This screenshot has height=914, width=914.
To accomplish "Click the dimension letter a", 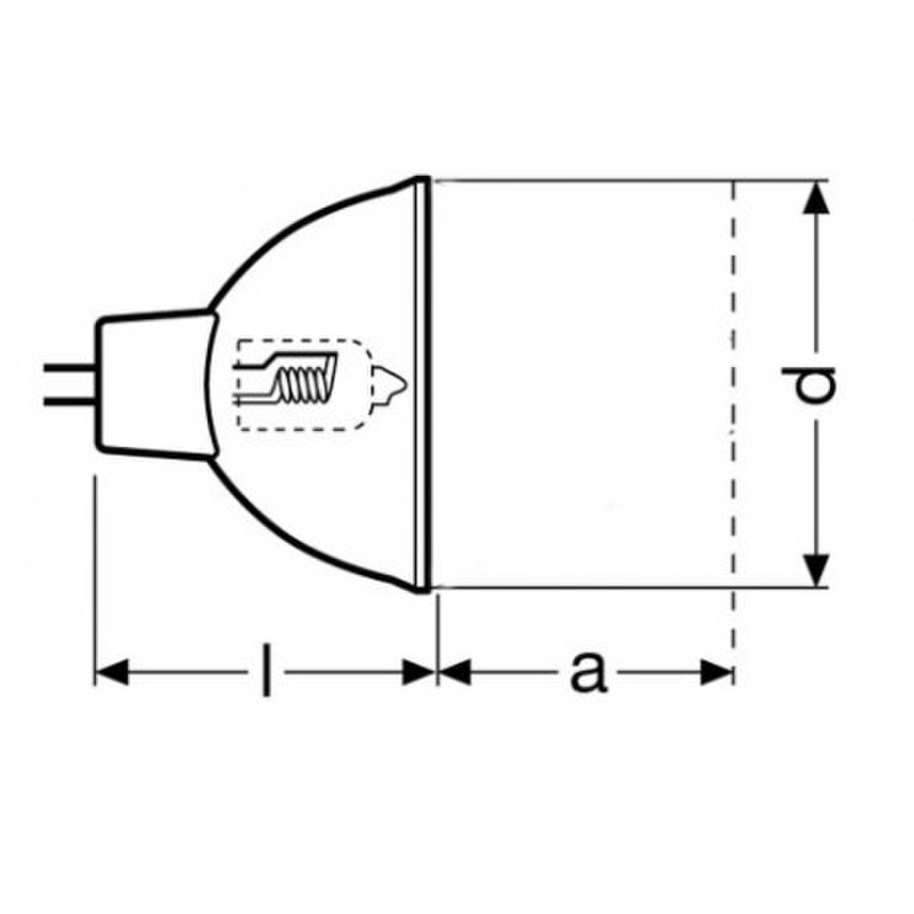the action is coord(588,672).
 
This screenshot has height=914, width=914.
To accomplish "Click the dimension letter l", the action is coord(267,670).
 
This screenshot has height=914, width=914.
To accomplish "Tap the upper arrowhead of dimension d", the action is coord(816,198).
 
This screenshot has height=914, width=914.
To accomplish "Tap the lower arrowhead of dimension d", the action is coord(816,570).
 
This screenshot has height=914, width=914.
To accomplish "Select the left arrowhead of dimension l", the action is coord(112,672).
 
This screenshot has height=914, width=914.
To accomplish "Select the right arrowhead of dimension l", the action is coord(418,672).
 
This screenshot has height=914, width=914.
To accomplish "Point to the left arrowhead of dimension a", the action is coord(455,672).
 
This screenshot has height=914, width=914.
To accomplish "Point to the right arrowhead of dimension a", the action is coord(717,672).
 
